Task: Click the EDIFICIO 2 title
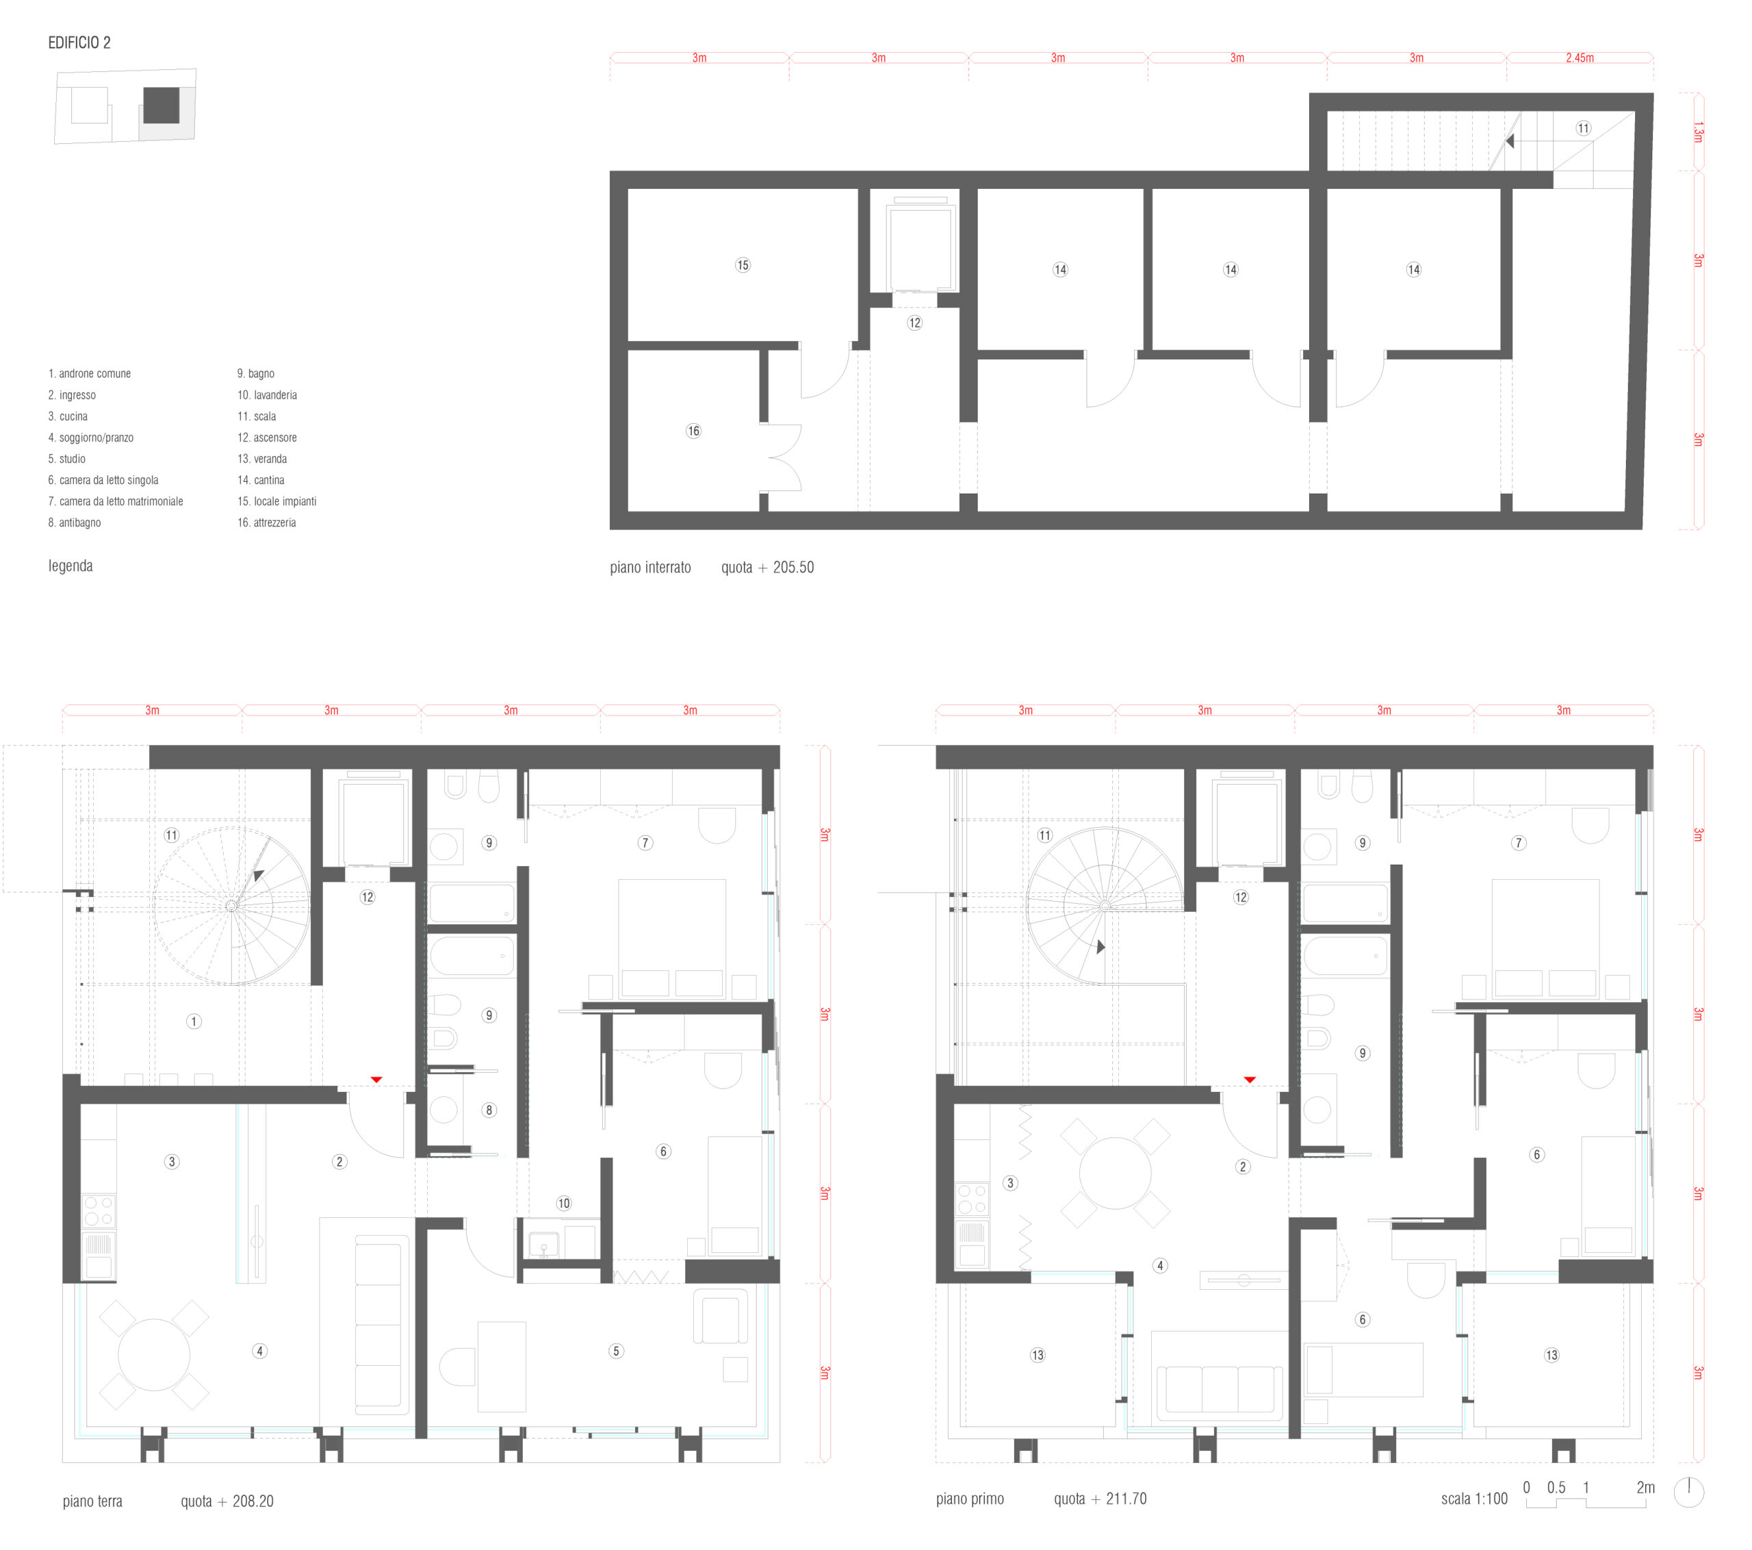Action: coord(79,43)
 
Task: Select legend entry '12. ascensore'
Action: coord(267,438)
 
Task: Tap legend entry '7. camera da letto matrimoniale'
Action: coord(116,502)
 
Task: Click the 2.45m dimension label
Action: coord(1579,58)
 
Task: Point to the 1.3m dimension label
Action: coord(1697,132)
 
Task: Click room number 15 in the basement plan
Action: coord(743,265)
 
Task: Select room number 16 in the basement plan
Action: coord(693,431)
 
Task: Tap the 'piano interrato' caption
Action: coord(651,568)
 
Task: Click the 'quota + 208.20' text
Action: coord(227,1501)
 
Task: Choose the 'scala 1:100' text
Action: coord(1474,1499)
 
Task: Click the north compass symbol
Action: coord(1688,1492)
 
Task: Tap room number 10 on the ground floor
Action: coord(563,1204)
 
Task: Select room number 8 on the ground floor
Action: coord(489,1110)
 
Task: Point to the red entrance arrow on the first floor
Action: coord(1250,1080)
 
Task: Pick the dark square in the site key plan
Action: coord(161,105)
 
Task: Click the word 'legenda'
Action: coord(70,566)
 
